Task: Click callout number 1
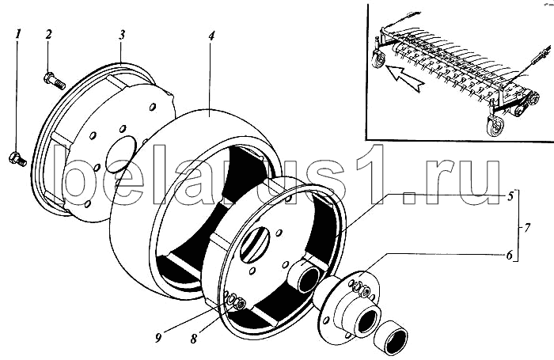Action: click(x=17, y=34)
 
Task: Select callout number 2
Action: click(x=48, y=34)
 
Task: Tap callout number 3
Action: click(x=122, y=35)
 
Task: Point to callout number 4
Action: click(x=211, y=36)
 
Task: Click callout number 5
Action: click(x=510, y=196)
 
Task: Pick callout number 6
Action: click(x=509, y=255)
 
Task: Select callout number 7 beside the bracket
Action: click(x=527, y=228)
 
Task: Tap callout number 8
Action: click(x=193, y=339)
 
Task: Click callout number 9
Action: click(x=158, y=338)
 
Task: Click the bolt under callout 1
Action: click(x=17, y=159)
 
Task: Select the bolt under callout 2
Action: click(x=55, y=81)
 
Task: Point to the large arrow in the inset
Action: click(x=404, y=76)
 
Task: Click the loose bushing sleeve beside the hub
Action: click(x=391, y=337)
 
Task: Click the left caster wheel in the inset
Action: click(x=378, y=59)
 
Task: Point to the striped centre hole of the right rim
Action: click(x=255, y=244)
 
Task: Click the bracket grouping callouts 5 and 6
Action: click(x=516, y=225)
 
